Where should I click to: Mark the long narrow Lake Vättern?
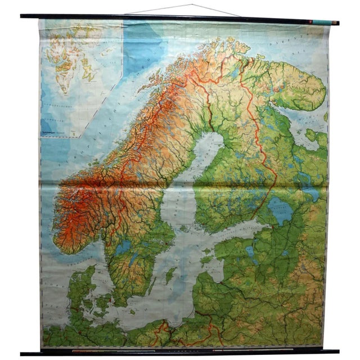coord(134,259)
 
